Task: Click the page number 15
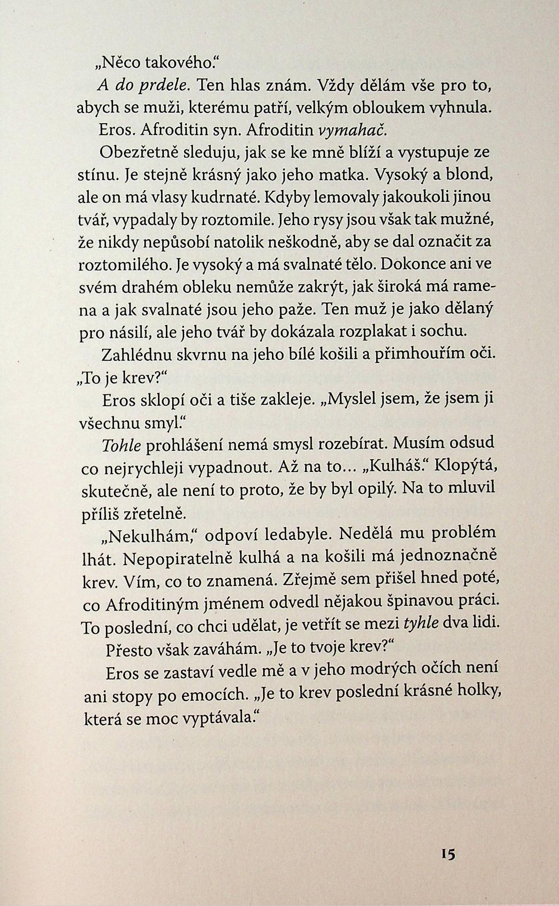tap(447, 854)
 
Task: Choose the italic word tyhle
tap(421, 623)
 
